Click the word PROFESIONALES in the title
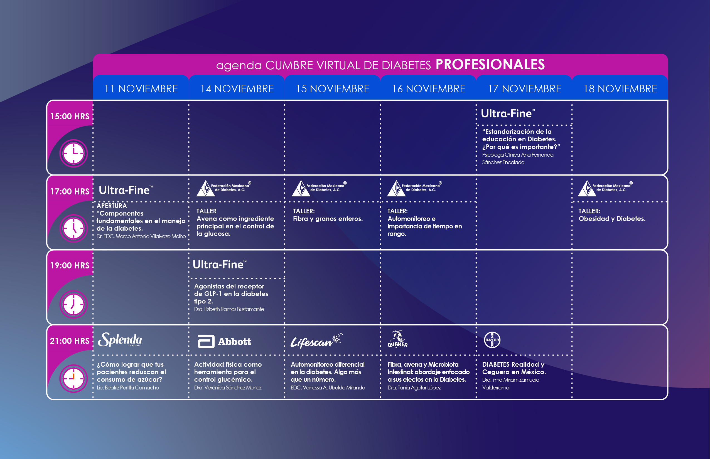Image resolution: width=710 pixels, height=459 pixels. click(490, 64)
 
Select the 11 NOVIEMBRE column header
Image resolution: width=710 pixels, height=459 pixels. click(141, 89)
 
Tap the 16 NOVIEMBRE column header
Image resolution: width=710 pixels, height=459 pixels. click(428, 89)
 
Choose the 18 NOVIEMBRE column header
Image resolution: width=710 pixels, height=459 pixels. click(620, 89)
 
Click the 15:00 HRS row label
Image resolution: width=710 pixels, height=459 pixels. click(70, 116)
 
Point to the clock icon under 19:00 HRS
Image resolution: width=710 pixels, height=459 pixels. click(73, 304)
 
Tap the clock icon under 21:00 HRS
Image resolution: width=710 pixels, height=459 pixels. click(73, 379)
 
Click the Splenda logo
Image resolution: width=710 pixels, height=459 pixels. click(120, 339)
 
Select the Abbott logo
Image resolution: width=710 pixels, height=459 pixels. click(224, 342)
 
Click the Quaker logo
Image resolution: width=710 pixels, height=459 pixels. click(397, 339)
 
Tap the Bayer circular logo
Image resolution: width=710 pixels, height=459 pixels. click(492, 340)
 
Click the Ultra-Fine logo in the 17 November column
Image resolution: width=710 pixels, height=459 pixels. click(508, 113)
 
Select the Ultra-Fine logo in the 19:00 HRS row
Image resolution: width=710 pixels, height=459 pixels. click(220, 265)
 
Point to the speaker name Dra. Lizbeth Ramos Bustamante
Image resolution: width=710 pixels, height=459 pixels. click(229, 309)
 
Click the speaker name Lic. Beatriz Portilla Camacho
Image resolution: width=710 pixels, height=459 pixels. click(128, 388)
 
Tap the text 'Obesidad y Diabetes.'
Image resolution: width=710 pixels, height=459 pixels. click(612, 219)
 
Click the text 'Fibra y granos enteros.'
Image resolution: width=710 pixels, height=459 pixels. click(328, 219)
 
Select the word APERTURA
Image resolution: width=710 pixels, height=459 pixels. click(112, 206)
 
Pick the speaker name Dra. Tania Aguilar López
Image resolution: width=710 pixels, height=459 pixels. click(414, 388)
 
